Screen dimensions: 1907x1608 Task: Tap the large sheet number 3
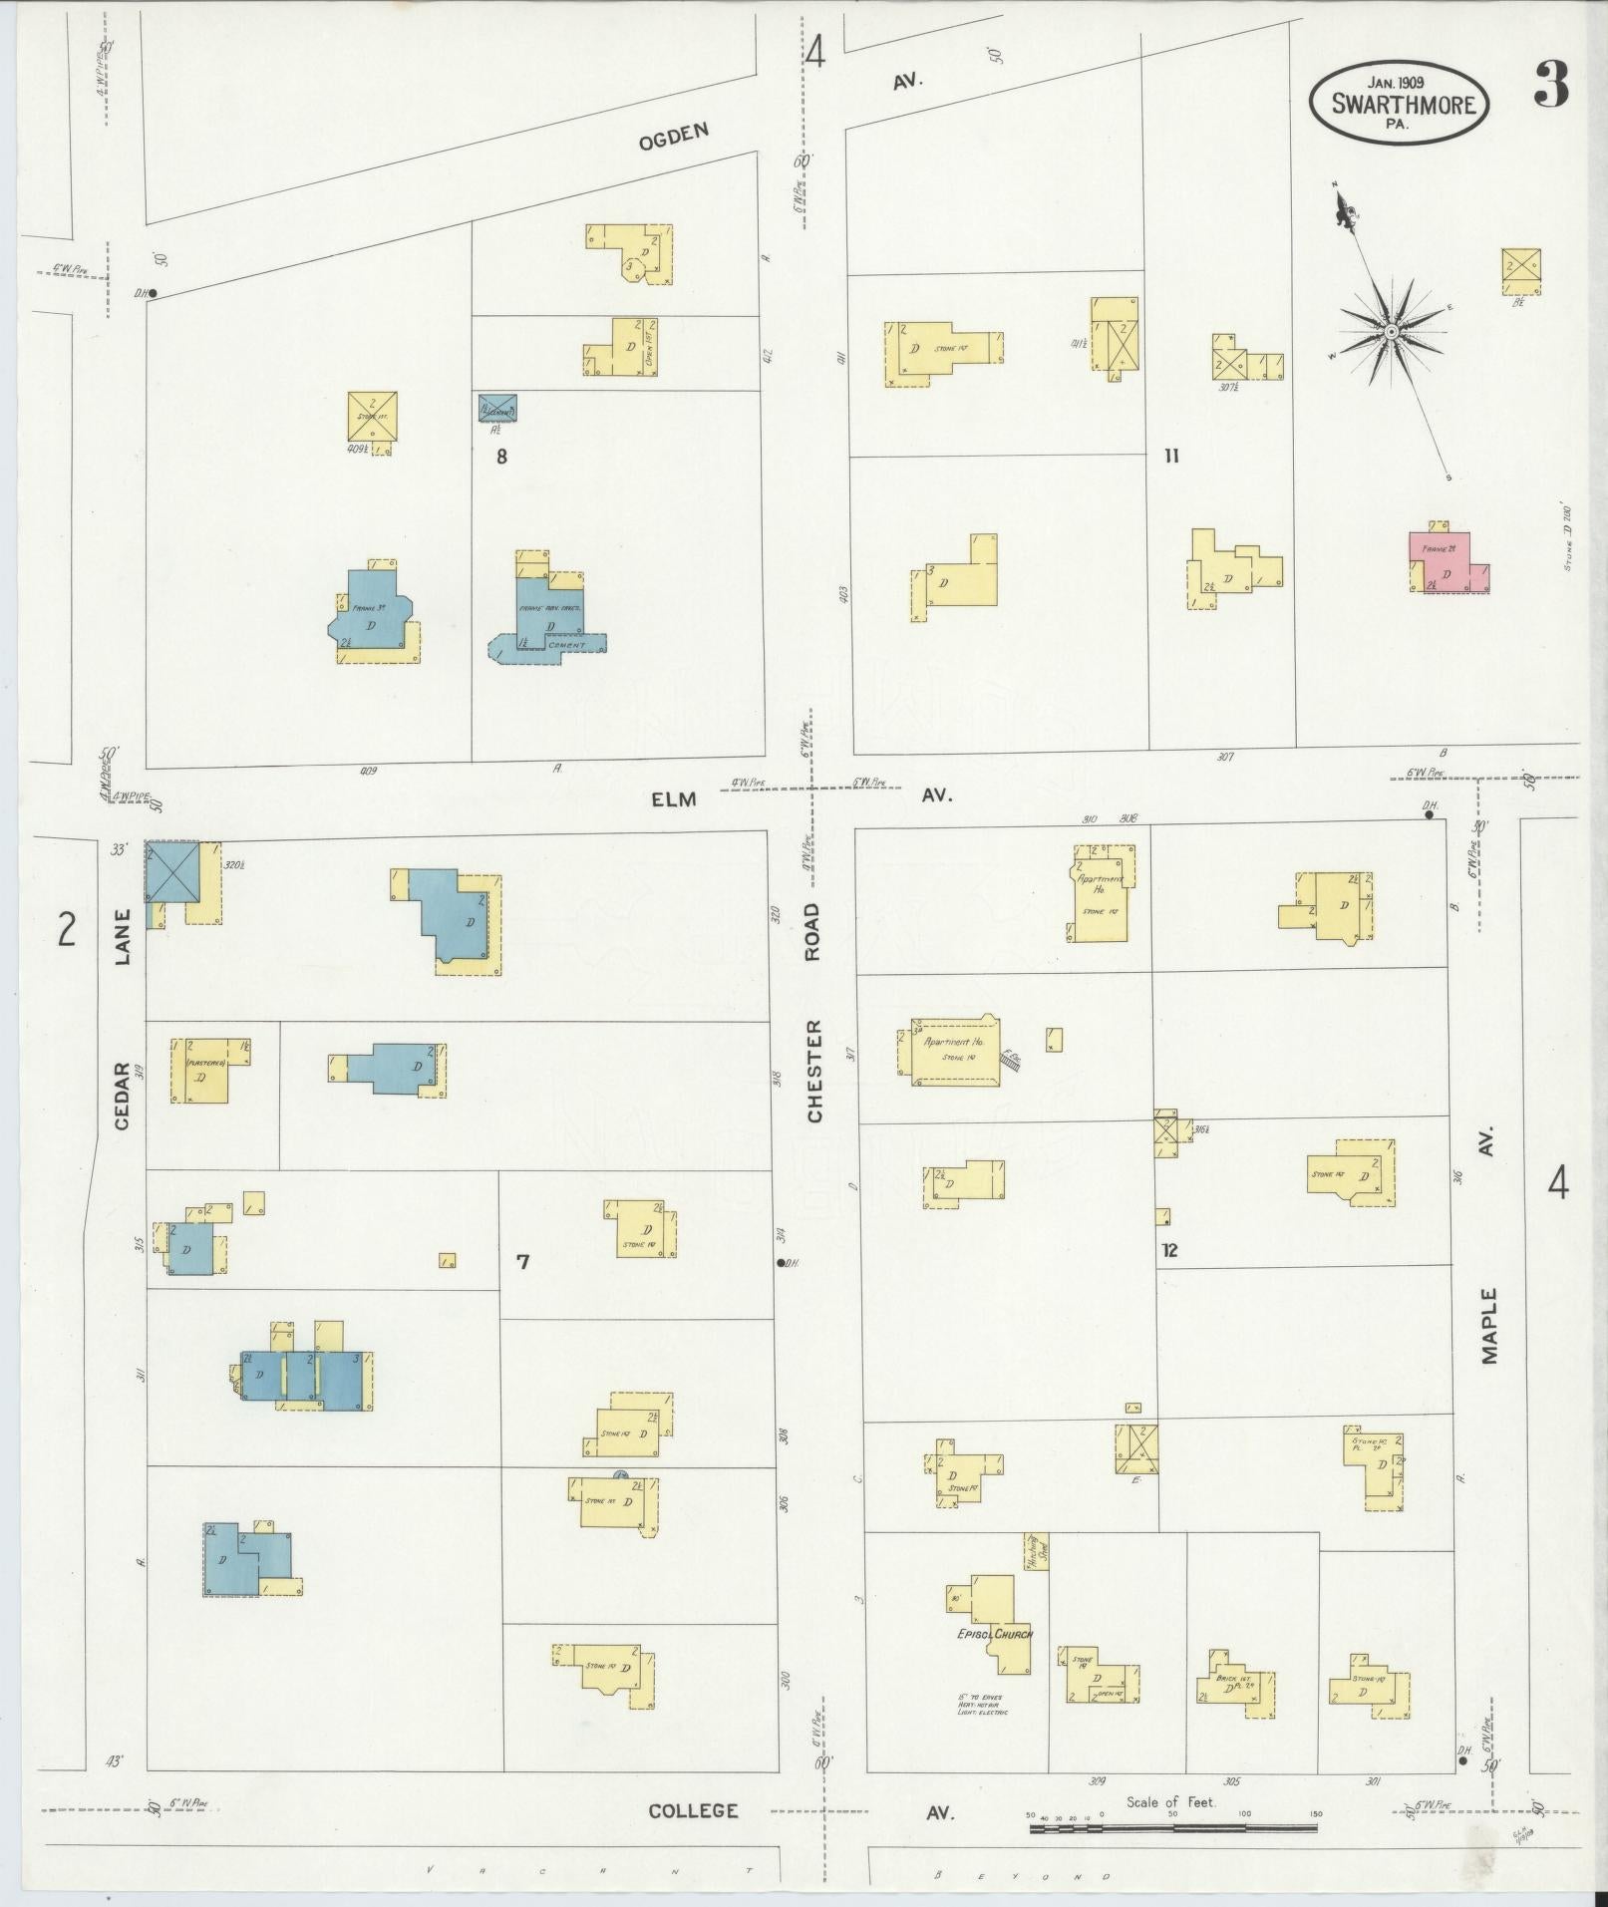click(x=1550, y=86)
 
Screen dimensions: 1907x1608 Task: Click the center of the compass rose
click(x=1390, y=331)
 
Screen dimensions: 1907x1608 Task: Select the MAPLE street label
click(x=1488, y=1326)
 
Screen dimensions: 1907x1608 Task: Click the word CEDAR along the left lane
click(x=123, y=1096)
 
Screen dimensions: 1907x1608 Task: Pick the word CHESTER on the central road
click(x=814, y=1072)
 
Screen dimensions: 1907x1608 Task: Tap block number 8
click(x=501, y=458)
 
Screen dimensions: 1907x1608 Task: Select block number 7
click(x=522, y=1262)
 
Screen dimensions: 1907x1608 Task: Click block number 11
click(x=1171, y=456)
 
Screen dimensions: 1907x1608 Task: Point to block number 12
click(x=1169, y=1249)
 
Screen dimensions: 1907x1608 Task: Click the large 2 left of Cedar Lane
click(x=66, y=929)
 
